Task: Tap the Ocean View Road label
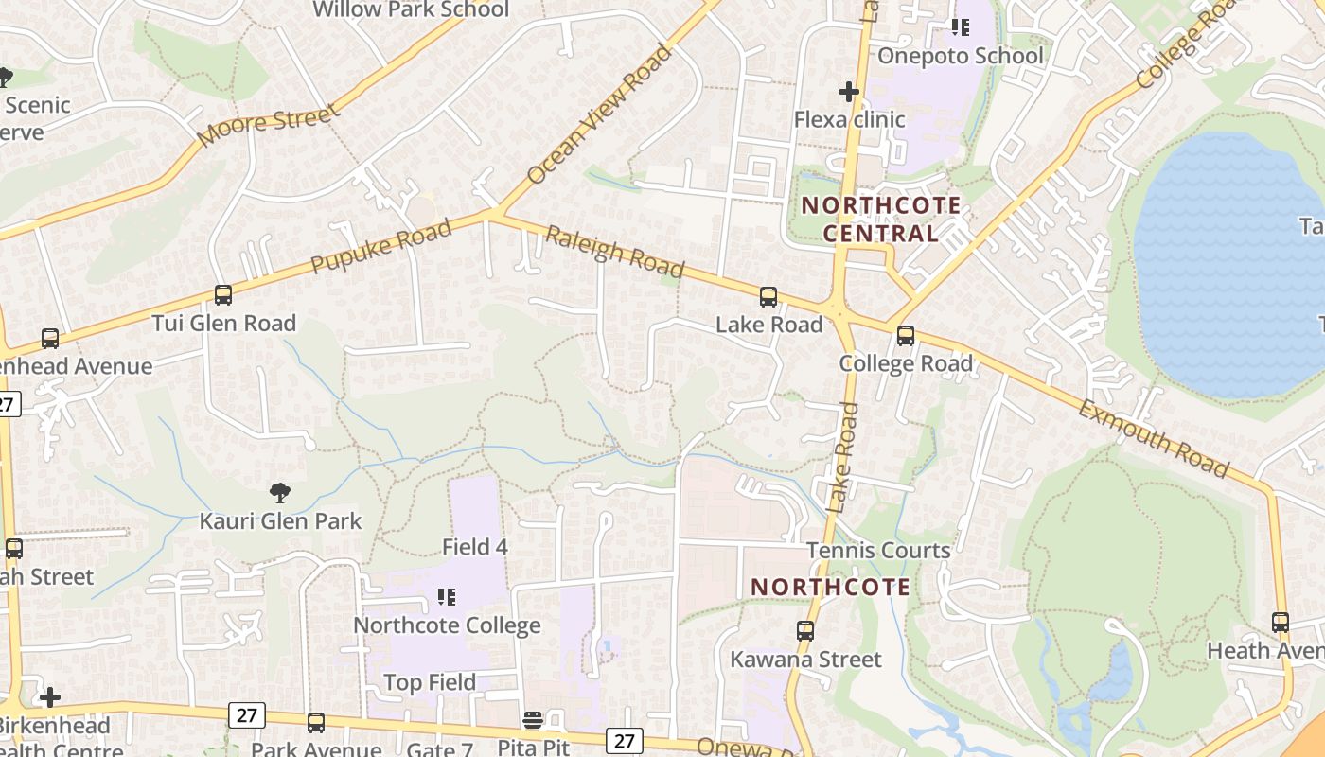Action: coord(599,114)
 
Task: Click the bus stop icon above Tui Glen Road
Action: coord(223,295)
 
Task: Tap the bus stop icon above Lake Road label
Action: coord(768,297)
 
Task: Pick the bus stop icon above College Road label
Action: coord(906,336)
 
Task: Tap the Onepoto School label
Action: coord(961,56)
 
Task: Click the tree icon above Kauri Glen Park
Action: coord(279,492)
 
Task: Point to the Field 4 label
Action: coord(475,547)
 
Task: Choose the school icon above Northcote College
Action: coord(447,597)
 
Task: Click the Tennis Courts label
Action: coord(878,551)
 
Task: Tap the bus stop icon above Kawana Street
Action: coord(805,631)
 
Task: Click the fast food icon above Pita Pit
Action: coord(533,721)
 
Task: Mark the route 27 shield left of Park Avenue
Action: coord(246,714)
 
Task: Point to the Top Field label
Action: coord(431,682)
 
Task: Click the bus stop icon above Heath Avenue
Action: coord(1281,623)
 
